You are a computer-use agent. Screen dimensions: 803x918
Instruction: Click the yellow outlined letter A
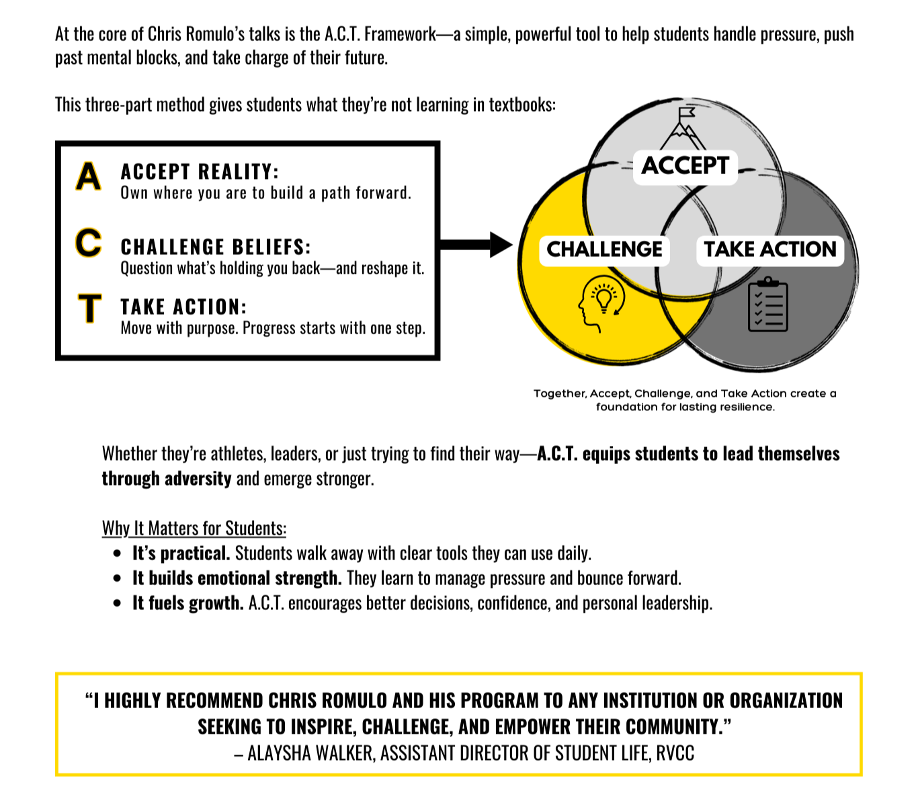88,176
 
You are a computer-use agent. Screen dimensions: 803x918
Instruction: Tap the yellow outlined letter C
88,243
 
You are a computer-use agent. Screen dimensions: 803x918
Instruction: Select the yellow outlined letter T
89,308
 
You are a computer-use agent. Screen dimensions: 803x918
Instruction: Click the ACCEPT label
685,166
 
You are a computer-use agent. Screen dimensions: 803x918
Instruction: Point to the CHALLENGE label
604,250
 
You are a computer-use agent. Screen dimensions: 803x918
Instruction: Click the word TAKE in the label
729,250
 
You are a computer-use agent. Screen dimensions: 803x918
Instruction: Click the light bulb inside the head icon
603,298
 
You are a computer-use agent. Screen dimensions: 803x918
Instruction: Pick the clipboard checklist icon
768,306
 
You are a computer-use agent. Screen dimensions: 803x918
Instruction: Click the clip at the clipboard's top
767,282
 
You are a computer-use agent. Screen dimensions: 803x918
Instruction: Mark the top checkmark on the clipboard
758,295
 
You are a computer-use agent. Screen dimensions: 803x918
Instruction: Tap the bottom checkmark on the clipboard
758,321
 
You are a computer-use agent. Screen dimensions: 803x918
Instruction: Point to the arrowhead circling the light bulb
617,311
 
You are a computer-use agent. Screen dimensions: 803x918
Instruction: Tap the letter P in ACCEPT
710,166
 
